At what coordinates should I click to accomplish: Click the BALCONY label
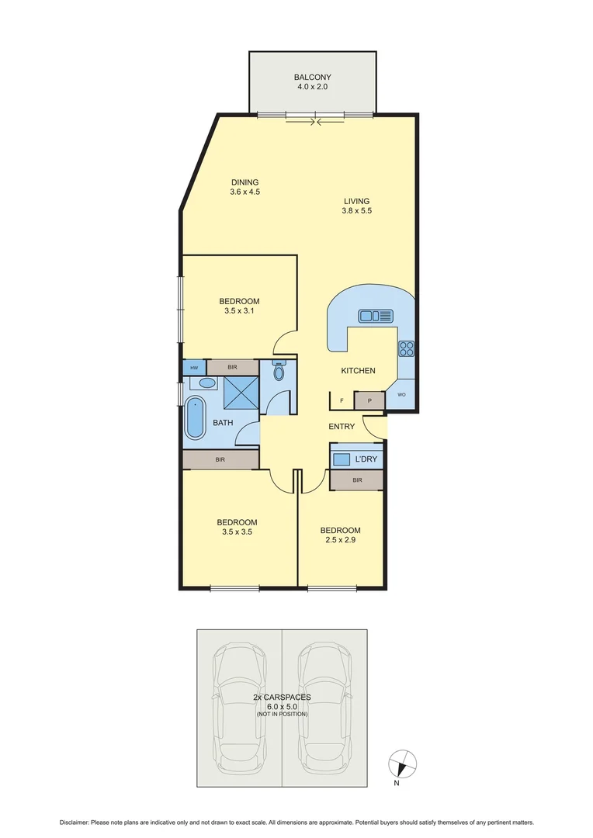[312, 77]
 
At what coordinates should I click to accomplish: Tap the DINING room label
[244, 182]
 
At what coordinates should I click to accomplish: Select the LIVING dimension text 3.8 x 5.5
[357, 211]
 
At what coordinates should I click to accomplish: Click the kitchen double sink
[376, 316]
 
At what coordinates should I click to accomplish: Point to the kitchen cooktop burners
[407, 348]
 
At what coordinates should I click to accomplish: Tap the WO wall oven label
[401, 395]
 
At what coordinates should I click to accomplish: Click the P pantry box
[369, 401]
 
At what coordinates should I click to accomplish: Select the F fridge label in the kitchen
[342, 401]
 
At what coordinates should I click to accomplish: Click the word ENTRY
[342, 427]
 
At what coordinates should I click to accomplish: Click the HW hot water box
[193, 367]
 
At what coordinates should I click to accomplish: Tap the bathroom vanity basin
[206, 383]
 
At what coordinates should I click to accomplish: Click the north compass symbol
[401, 764]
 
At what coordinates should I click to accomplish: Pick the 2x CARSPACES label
[282, 698]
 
